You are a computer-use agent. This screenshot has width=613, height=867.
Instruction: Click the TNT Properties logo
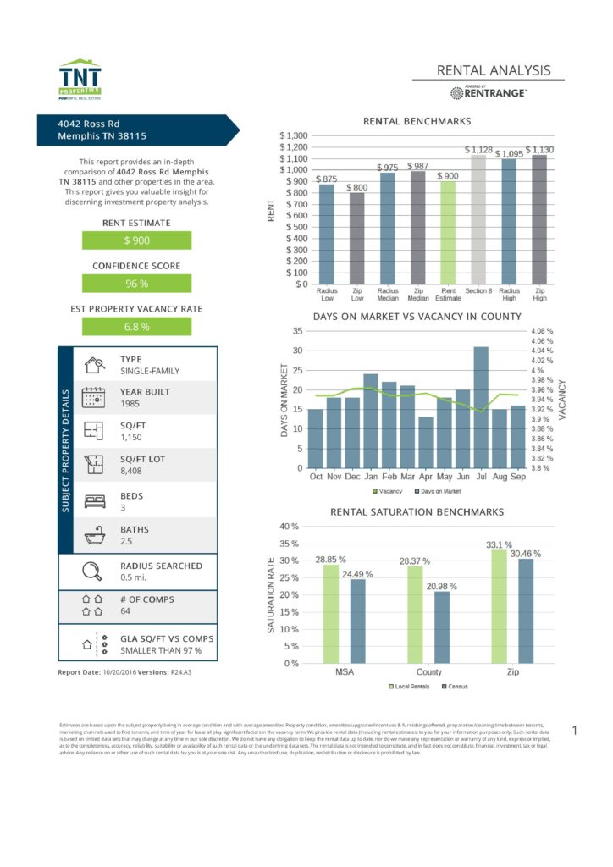80,80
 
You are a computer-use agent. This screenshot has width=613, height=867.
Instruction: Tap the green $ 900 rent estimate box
136,240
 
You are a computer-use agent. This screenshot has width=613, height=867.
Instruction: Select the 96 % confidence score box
136,284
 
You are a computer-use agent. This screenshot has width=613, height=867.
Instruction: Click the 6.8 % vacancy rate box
136,326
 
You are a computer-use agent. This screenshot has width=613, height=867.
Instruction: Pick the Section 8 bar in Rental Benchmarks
478,219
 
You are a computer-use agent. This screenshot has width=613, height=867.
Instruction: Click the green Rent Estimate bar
448,233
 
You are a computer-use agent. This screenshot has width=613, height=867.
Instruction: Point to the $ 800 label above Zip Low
356,187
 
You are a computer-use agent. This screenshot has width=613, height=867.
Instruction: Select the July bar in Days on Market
481,407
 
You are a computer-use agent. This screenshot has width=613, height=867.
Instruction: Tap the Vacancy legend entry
387,491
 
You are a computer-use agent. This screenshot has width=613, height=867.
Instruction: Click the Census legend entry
454,687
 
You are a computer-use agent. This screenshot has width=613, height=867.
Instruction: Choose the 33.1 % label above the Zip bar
499,544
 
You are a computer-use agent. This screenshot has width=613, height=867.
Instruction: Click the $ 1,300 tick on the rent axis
294,135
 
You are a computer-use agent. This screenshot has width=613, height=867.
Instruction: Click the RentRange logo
489,92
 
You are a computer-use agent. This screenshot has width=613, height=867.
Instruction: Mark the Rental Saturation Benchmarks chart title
417,512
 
